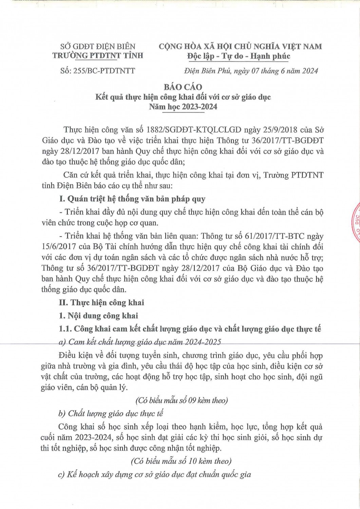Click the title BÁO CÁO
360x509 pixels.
(183, 87)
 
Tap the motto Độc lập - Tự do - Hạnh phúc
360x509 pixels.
(239, 56)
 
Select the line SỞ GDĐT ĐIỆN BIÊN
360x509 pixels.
(98, 46)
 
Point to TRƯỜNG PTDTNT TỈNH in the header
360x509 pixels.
(98, 55)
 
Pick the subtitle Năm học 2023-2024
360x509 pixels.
(183, 107)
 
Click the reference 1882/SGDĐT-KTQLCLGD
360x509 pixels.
(193, 129)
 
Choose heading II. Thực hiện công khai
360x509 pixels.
(101, 302)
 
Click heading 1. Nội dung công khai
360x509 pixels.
(98, 316)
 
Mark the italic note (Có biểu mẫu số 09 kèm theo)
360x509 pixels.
(181, 400)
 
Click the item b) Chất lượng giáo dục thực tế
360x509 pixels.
(111, 413)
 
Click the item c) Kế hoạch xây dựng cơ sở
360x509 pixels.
(154, 474)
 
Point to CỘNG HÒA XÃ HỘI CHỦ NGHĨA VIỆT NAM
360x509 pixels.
(240, 46)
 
